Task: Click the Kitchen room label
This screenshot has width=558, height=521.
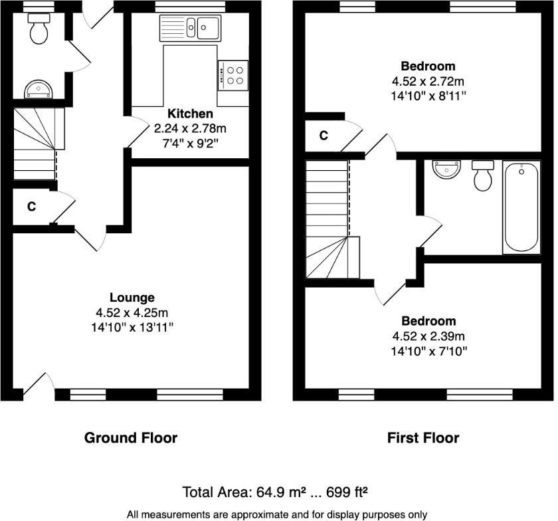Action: tap(190, 114)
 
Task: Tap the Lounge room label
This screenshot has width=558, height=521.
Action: tap(132, 298)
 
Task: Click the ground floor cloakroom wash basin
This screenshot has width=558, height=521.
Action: tap(39, 89)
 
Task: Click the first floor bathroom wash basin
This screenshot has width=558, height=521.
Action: tap(446, 169)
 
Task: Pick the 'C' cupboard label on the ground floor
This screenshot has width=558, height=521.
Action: tap(31, 207)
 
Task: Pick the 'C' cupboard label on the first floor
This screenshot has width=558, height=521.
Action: tap(324, 136)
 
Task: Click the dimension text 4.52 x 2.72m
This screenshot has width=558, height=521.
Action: tap(428, 81)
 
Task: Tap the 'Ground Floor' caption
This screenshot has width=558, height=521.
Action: tap(131, 438)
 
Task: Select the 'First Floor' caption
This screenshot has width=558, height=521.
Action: tap(423, 438)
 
